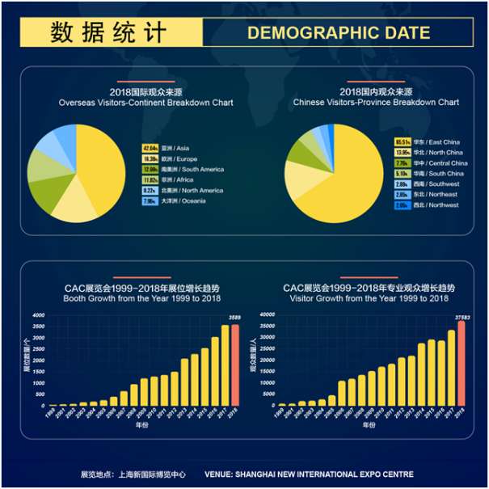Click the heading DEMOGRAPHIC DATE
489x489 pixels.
tap(338, 32)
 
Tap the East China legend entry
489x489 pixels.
tap(428, 142)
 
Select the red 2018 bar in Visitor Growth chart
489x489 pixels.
tap(462, 363)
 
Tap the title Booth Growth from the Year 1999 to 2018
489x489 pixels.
tap(142, 298)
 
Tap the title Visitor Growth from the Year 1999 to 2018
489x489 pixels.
tap(369, 298)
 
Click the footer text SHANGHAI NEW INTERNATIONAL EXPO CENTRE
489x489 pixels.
tap(310, 474)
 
